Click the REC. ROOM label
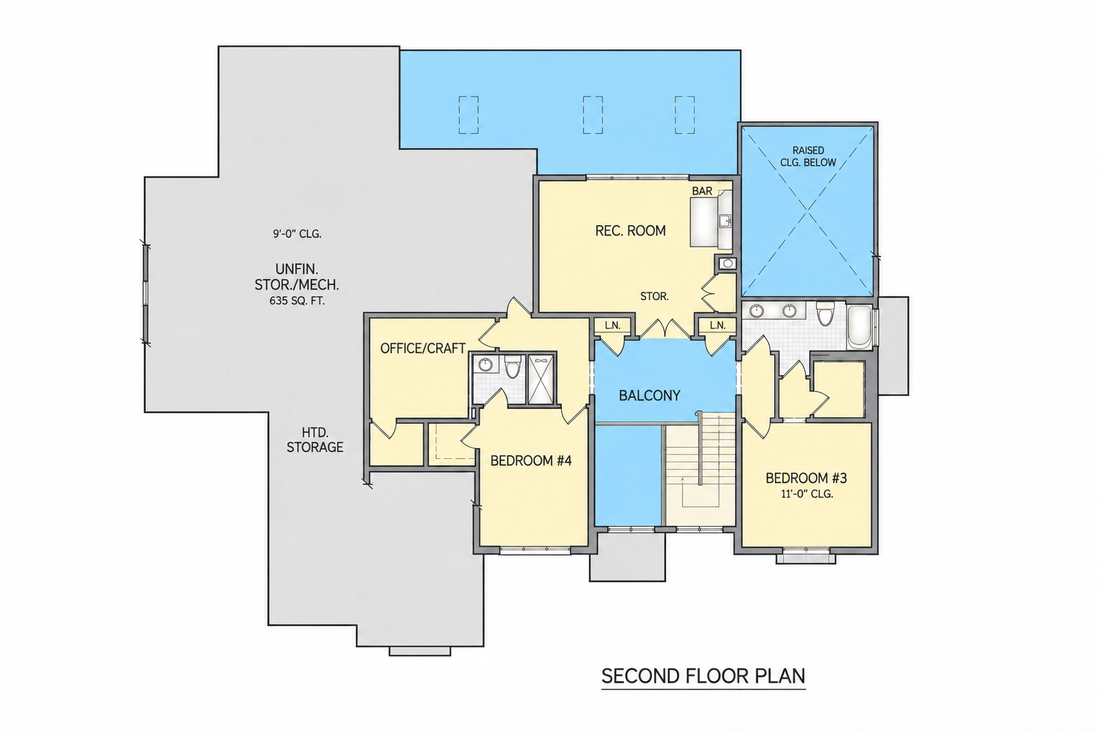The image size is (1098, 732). pos(630,230)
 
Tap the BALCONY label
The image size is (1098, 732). pos(650,395)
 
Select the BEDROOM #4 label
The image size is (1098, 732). pos(531,461)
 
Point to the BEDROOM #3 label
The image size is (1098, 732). pos(806,478)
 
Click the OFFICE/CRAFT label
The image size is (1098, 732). pos(422,348)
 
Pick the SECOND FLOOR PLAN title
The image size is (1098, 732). pos(703,676)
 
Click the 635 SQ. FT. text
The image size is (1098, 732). pos(297,301)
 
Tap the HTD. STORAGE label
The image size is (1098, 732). pos(315,440)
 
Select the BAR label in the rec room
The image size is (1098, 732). pos(702,191)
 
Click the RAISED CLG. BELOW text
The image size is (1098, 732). pos(808,157)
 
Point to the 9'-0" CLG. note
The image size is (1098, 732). pos(297,234)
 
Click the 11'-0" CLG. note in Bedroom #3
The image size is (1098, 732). pos(807,494)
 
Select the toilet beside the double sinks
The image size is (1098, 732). pos(826,313)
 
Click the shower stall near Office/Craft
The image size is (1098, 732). pos(540,380)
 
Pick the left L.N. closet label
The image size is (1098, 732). pos(612,325)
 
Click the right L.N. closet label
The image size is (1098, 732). pos(717,325)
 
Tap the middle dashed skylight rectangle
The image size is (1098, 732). pos(593,114)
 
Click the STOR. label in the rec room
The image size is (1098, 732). pos(654,297)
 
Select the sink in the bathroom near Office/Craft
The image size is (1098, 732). pos(485,365)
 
